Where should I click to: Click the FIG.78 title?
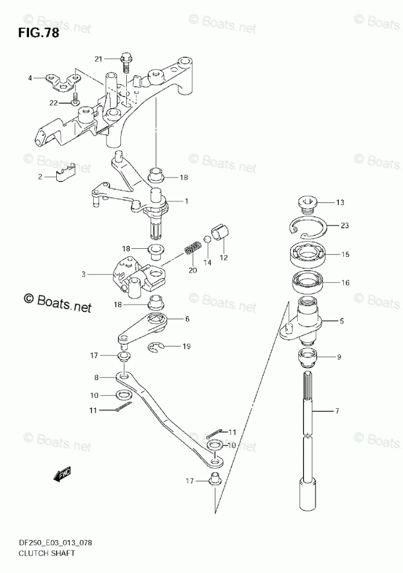click(38, 32)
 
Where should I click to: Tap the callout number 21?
click(98, 59)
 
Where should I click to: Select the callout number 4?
click(30, 77)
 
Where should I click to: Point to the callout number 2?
click(40, 177)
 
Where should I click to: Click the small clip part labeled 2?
click(67, 173)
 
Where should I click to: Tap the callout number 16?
click(346, 284)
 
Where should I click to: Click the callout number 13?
click(340, 202)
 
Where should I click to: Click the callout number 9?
click(339, 357)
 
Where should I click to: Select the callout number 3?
click(83, 274)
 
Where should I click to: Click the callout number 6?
click(187, 319)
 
